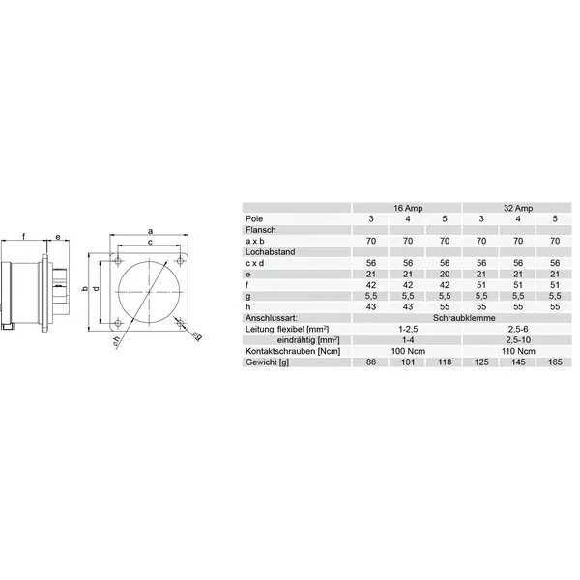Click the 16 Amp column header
(x=408, y=208)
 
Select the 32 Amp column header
(x=518, y=208)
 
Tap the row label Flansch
(x=261, y=230)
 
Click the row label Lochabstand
(x=271, y=252)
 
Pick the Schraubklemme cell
(x=464, y=318)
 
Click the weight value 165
(x=555, y=362)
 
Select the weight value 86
(x=371, y=362)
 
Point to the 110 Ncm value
(x=518, y=351)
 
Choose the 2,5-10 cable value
(x=518, y=340)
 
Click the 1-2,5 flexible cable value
(x=408, y=329)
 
